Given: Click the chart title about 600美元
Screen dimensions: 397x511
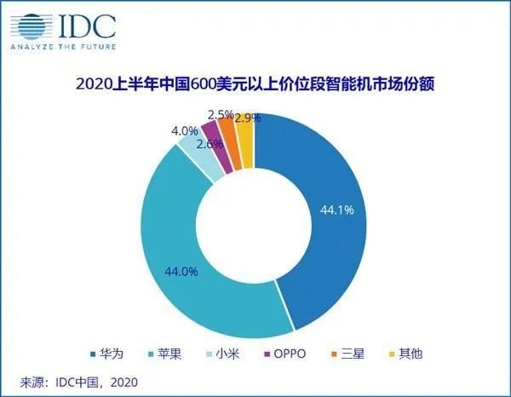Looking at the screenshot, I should (x=256, y=84).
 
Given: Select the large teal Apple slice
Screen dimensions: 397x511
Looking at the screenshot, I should (x=183, y=256).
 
